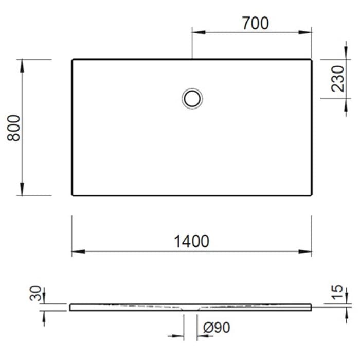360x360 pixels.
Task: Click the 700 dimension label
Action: pos(255,23)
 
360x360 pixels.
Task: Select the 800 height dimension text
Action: pos(15,128)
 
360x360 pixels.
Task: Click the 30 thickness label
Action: pos(35,295)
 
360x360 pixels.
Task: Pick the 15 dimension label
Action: pos(337,292)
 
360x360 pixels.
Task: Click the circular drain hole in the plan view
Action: pos(192,98)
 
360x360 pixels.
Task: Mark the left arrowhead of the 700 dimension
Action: pos(195,32)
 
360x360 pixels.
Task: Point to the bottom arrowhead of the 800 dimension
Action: pos(22,192)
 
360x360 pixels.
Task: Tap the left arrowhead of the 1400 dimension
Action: pos(75,251)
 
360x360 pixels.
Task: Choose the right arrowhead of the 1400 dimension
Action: pos(308,251)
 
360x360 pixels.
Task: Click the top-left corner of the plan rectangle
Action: pos(72,60)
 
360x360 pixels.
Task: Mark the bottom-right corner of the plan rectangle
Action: pos(311,195)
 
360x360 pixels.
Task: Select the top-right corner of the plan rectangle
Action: pos(311,60)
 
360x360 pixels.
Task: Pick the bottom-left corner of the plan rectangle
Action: pos(72,195)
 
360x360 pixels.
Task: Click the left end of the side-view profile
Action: pos(70,307)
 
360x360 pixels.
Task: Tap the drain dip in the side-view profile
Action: pos(191,309)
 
